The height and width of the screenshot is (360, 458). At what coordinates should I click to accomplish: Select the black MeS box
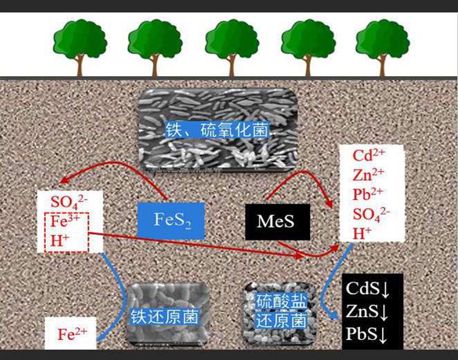click(x=275, y=222)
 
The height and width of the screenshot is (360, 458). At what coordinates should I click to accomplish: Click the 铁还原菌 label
click(x=165, y=318)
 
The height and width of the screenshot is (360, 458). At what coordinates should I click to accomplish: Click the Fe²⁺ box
click(x=72, y=334)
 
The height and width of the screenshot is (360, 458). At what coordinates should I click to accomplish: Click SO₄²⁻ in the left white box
click(x=69, y=203)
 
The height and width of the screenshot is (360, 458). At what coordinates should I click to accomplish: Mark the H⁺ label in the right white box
click(x=359, y=233)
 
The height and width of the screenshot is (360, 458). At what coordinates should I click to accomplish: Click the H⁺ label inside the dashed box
click(x=60, y=240)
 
